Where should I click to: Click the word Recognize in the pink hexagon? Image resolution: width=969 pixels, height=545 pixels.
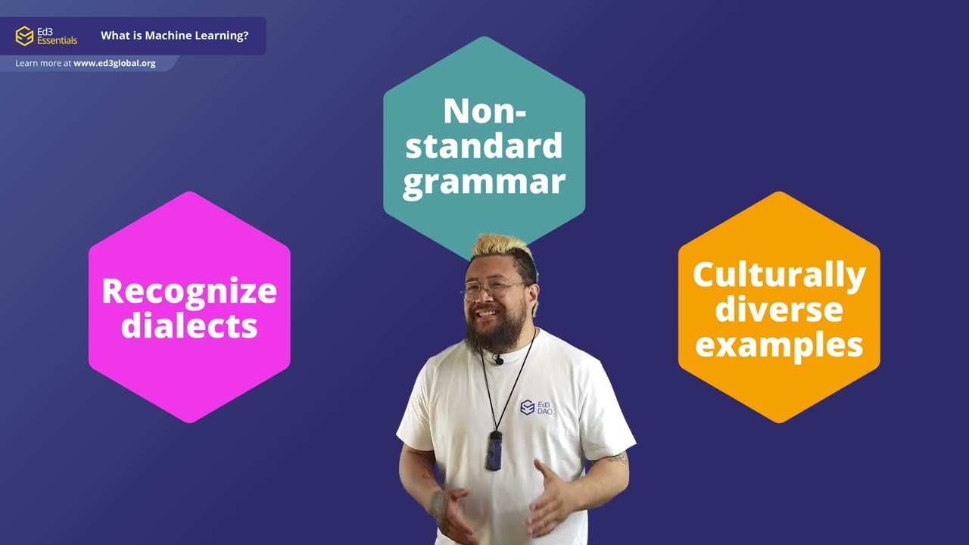189,291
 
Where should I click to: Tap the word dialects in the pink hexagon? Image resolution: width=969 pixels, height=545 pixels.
189,325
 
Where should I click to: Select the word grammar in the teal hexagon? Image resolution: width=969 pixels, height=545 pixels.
484,182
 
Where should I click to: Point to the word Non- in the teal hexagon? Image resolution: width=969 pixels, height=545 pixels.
484,111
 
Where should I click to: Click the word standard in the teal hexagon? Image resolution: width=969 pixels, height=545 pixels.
484,145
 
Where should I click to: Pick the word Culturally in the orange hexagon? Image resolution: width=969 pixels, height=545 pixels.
779,274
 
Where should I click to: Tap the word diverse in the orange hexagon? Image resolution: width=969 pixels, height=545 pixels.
779,309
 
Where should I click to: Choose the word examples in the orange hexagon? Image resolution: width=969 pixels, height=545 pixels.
779,344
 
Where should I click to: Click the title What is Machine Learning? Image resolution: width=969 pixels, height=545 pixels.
174,36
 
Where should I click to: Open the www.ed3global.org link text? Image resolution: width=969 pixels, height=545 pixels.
114,64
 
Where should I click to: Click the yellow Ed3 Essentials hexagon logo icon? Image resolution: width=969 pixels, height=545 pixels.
25,36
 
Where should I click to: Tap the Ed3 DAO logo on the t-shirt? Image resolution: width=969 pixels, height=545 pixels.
536,407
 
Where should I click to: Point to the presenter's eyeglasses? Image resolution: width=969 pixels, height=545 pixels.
492,288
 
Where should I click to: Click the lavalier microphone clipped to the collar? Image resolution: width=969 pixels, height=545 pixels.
497,360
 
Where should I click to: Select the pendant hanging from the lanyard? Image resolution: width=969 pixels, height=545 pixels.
494,450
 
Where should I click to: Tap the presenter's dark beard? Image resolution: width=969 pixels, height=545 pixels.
488,333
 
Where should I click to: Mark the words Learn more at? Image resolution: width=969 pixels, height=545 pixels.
43,64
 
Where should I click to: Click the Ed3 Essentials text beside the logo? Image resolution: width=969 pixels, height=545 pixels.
57,36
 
